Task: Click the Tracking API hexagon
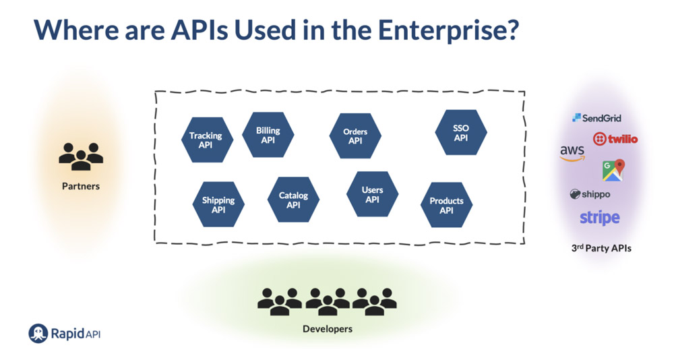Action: click(207, 140)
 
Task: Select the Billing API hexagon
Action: click(268, 135)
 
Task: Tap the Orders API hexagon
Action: click(355, 136)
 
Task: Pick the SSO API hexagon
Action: click(461, 133)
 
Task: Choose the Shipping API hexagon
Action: click(218, 204)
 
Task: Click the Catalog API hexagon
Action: click(294, 200)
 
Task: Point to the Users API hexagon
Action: click(372, 194)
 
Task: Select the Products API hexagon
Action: click(447, 205)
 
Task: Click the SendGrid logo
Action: click(596, 118)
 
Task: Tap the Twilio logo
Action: click(615, 138)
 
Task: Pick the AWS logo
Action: click(572, 153)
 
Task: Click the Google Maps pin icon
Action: click(613, 170)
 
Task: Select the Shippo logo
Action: click(590, 194)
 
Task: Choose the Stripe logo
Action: click(600, 218)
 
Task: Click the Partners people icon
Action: click(81, 156)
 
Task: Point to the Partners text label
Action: click(81, 186)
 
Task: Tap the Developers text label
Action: click(328, 329)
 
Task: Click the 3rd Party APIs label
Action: click(601, 248)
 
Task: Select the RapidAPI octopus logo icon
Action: click(38, 333)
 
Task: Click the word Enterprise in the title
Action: click(448, 30)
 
